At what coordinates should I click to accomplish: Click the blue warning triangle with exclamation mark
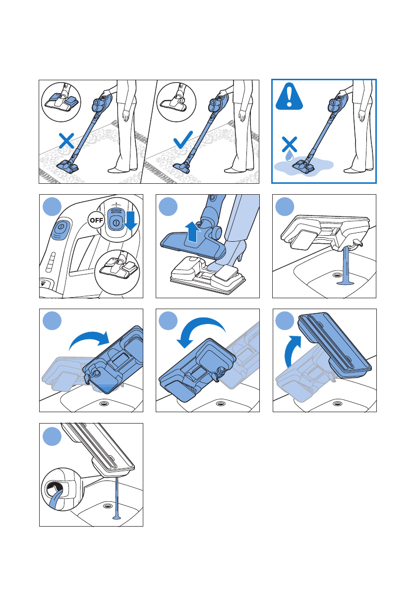coord(289,97)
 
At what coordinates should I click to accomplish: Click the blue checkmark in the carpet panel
coord(183,140)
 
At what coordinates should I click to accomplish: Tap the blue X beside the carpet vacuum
coord(66,141)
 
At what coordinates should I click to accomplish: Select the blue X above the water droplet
coord(289,144)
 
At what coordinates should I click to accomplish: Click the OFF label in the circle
coord(96,220)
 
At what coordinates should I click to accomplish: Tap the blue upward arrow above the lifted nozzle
coord(193,232)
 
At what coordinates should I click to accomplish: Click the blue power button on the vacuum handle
coord(60,229)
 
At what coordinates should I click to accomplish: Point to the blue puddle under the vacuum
coord(303,165)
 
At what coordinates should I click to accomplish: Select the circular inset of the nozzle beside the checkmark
coord(176,102)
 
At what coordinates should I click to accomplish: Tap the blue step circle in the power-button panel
coord(53,207)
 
